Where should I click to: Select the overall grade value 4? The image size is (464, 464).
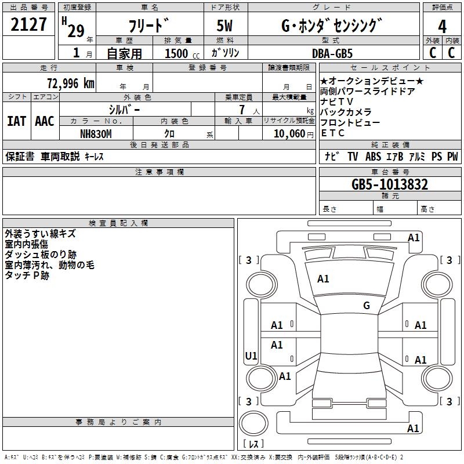pyautogui.click(x=442, y=27)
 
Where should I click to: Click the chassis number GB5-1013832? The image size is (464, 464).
pyautogui.click(x=390, y=185)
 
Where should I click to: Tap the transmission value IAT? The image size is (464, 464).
pyautogui.click(x=16, y=121)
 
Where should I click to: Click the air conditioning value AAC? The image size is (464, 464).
pyautogui.click(x=45, y=121)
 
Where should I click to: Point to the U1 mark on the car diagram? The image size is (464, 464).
pyautogui.click(x=251, y=356)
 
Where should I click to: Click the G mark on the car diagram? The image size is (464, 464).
pyautogui.click(x=366, y=306)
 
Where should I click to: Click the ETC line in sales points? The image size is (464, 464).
pyautogui.click(x=333, y=133)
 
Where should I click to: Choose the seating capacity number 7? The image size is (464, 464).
pyautogui.click(x=241, y=110)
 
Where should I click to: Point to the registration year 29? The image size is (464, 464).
pyautogui.click(x=75, y=31)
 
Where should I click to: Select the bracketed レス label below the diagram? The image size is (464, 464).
pyautogui.click(x=253, y=444)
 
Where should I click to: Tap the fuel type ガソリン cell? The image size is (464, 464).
pyautogui.click(x=225, y=53)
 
